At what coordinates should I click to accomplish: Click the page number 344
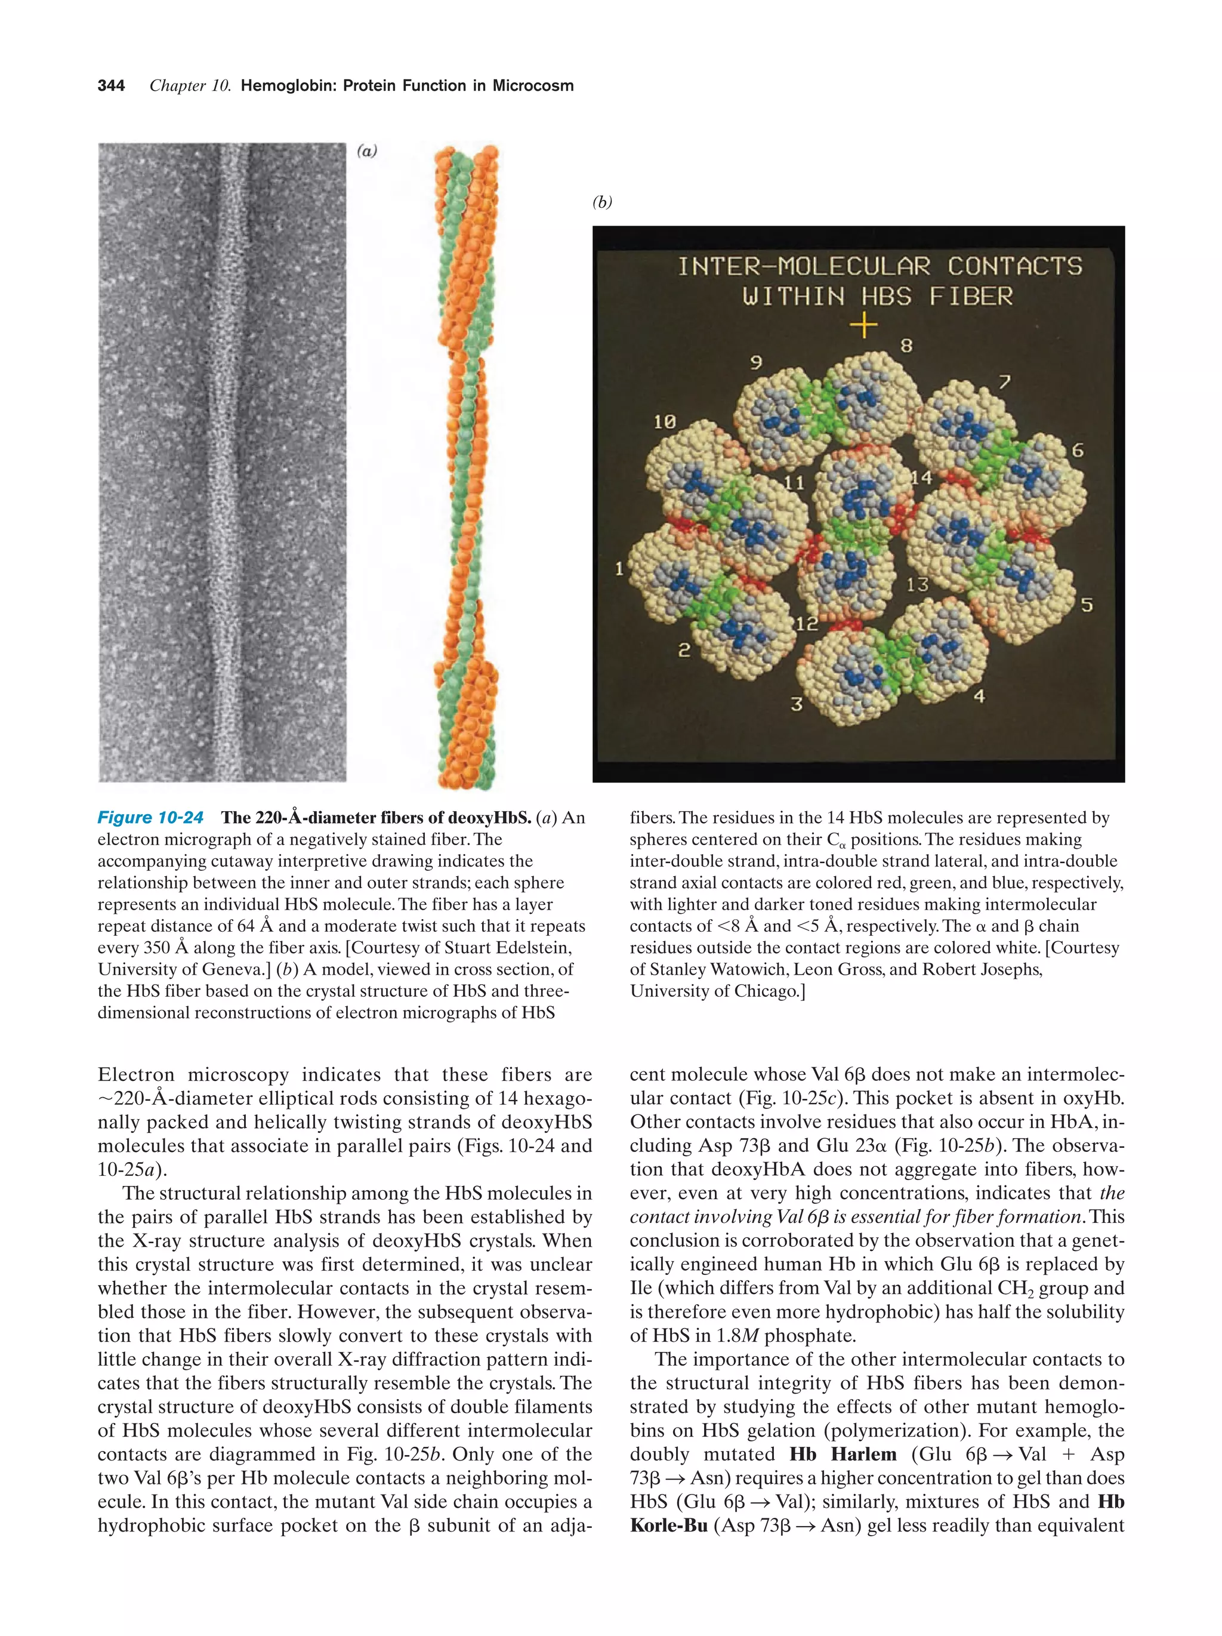coord(111,86)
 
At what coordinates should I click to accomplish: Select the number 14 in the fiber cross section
coord(921,477)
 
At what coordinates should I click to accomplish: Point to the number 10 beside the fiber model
coord(664,421)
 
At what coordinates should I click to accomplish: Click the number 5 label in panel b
coord(1086,605)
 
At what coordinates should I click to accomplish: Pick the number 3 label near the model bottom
coord(796,704)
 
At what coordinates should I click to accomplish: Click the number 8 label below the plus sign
coord(906,346)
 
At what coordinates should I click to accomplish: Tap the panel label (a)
coord(367,152)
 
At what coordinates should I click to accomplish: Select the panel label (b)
coord(603,202)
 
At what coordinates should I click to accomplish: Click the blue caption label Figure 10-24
coord(150,817)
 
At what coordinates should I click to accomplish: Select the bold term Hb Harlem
coord(842,1454)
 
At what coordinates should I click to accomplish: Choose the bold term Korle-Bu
coord(668,1525)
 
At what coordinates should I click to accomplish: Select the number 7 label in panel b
coord(1004,383)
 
